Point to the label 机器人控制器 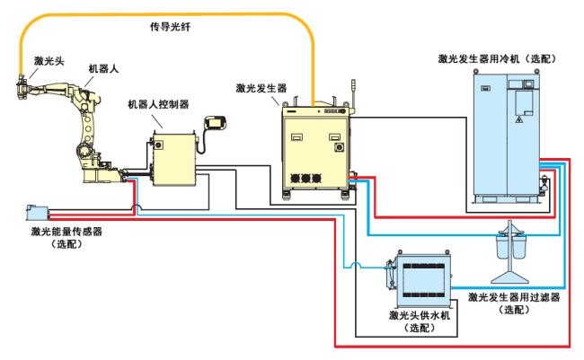click(158, 104)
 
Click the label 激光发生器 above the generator click(261, 89)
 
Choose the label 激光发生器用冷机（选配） click(499, 58)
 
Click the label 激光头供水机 click(419, 315)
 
